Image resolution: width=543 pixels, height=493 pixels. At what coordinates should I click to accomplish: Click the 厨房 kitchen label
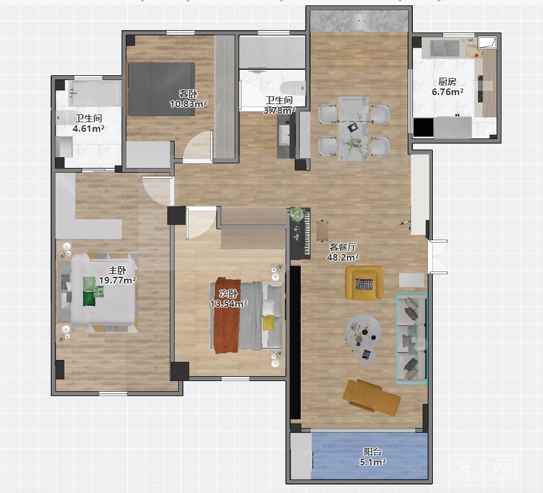[447, 82]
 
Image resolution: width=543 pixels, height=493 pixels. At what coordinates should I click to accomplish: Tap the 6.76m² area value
[447, 91]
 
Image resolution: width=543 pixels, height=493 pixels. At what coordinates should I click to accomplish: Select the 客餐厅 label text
[343, 247]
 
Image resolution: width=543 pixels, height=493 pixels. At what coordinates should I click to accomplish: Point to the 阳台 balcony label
[373, 452]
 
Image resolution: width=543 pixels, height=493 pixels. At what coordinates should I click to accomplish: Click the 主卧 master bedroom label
[117, 270]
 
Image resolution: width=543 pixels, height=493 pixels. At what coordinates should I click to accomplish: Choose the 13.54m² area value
[229, 303]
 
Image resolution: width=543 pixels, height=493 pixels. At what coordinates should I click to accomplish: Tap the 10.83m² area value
[188, 104]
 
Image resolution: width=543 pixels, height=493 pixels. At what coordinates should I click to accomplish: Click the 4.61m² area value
[88, 128]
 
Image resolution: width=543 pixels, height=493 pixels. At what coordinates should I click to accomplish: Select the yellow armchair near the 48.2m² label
[364, 282]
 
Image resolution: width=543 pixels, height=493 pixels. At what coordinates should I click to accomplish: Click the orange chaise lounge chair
[371, 397]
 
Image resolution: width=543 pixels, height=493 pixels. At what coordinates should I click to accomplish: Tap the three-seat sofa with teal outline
[411, 338]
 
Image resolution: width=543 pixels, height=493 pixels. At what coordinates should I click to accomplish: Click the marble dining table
[353, 128]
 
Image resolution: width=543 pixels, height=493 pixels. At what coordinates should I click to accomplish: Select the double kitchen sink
[445, 48]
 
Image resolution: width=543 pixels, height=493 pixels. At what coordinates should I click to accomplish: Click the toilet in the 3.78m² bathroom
[293, 88]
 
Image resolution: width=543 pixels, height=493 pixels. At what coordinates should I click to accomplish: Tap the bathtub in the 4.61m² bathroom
[95, 93]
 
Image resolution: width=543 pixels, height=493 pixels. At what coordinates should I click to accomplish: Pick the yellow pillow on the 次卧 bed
[268, 323]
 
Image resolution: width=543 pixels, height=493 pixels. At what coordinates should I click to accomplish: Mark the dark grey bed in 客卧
[161, 89]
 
